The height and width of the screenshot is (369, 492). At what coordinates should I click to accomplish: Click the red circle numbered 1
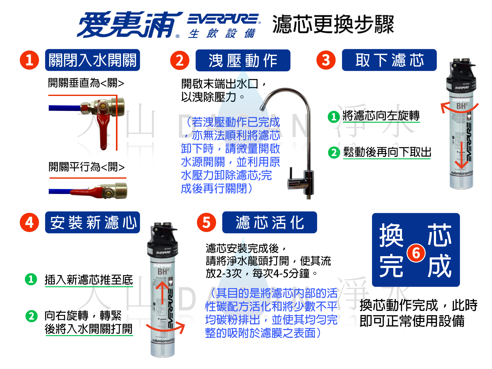point(29,60)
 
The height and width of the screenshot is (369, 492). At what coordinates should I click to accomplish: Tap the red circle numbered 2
point(180,60)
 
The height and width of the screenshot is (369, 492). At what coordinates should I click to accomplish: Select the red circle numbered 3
point(326,60)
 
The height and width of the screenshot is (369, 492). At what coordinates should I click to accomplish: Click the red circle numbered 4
point(29,222)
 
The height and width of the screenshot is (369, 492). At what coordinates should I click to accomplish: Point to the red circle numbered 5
point(206,222)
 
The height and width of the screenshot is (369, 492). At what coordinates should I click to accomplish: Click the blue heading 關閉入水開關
point(93,60)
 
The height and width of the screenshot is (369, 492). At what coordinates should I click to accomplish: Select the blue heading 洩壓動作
point(243,60)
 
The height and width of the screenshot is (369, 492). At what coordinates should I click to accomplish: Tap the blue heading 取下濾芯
point(389,60)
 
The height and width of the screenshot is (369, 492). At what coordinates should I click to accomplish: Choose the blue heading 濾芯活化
point(269,222)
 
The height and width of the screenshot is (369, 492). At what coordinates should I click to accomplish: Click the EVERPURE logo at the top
point(224,19)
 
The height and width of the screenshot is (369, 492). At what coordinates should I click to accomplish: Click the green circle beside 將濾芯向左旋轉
point(334,117)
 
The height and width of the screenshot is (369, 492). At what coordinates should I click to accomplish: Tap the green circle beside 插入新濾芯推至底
point(31,279)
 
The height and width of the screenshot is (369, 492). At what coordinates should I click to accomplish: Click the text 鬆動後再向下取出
point(387,152)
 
